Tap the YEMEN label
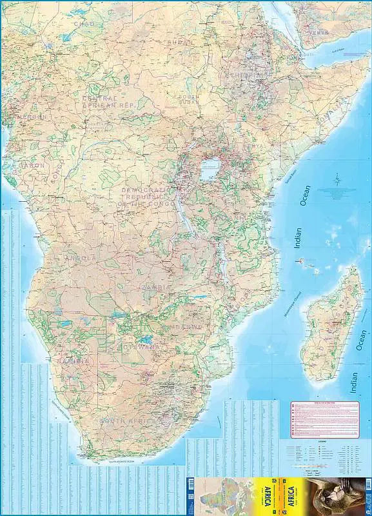(318, 32)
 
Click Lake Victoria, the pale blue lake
(208, 171)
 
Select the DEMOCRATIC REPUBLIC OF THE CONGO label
(152, 195)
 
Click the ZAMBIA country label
(158, 287)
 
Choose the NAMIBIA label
(73, 361)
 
